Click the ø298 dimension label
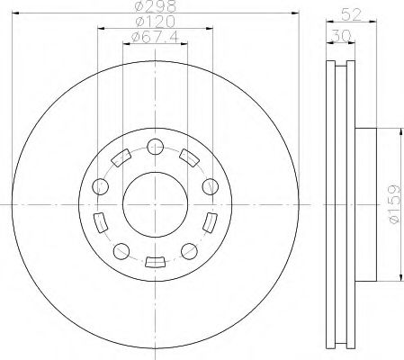click(x=154, y=8)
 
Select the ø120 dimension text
click(x=154, y=22)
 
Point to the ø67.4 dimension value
click(x=154, y=37)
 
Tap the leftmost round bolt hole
click(x=101, y=186)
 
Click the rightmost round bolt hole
click(x=211, y=186)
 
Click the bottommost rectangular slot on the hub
click(x=155, y=262)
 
